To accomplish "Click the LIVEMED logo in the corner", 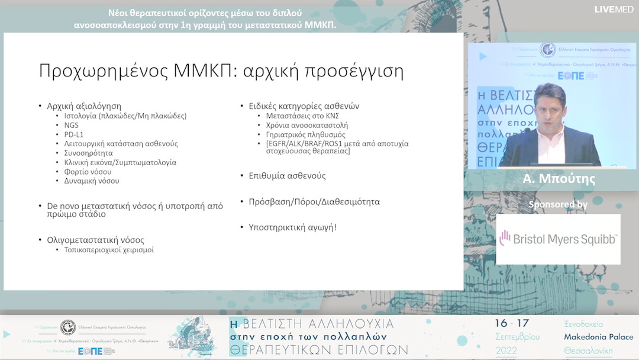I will coord(614,9).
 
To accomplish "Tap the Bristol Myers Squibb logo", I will coord(558,239).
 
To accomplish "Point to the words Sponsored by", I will coord(558,205).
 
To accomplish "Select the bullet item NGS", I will coord(72,125).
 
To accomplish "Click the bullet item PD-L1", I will coord(74,134).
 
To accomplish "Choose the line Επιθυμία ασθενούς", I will coord(283,176).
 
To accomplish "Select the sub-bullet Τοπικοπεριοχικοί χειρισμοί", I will coord(109,250).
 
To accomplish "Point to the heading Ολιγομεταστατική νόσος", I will coord(95,240).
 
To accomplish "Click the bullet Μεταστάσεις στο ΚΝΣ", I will coord(302,116).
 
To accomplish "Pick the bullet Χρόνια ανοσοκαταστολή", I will coord(306,125).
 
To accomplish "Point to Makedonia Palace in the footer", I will coord(598,337).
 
